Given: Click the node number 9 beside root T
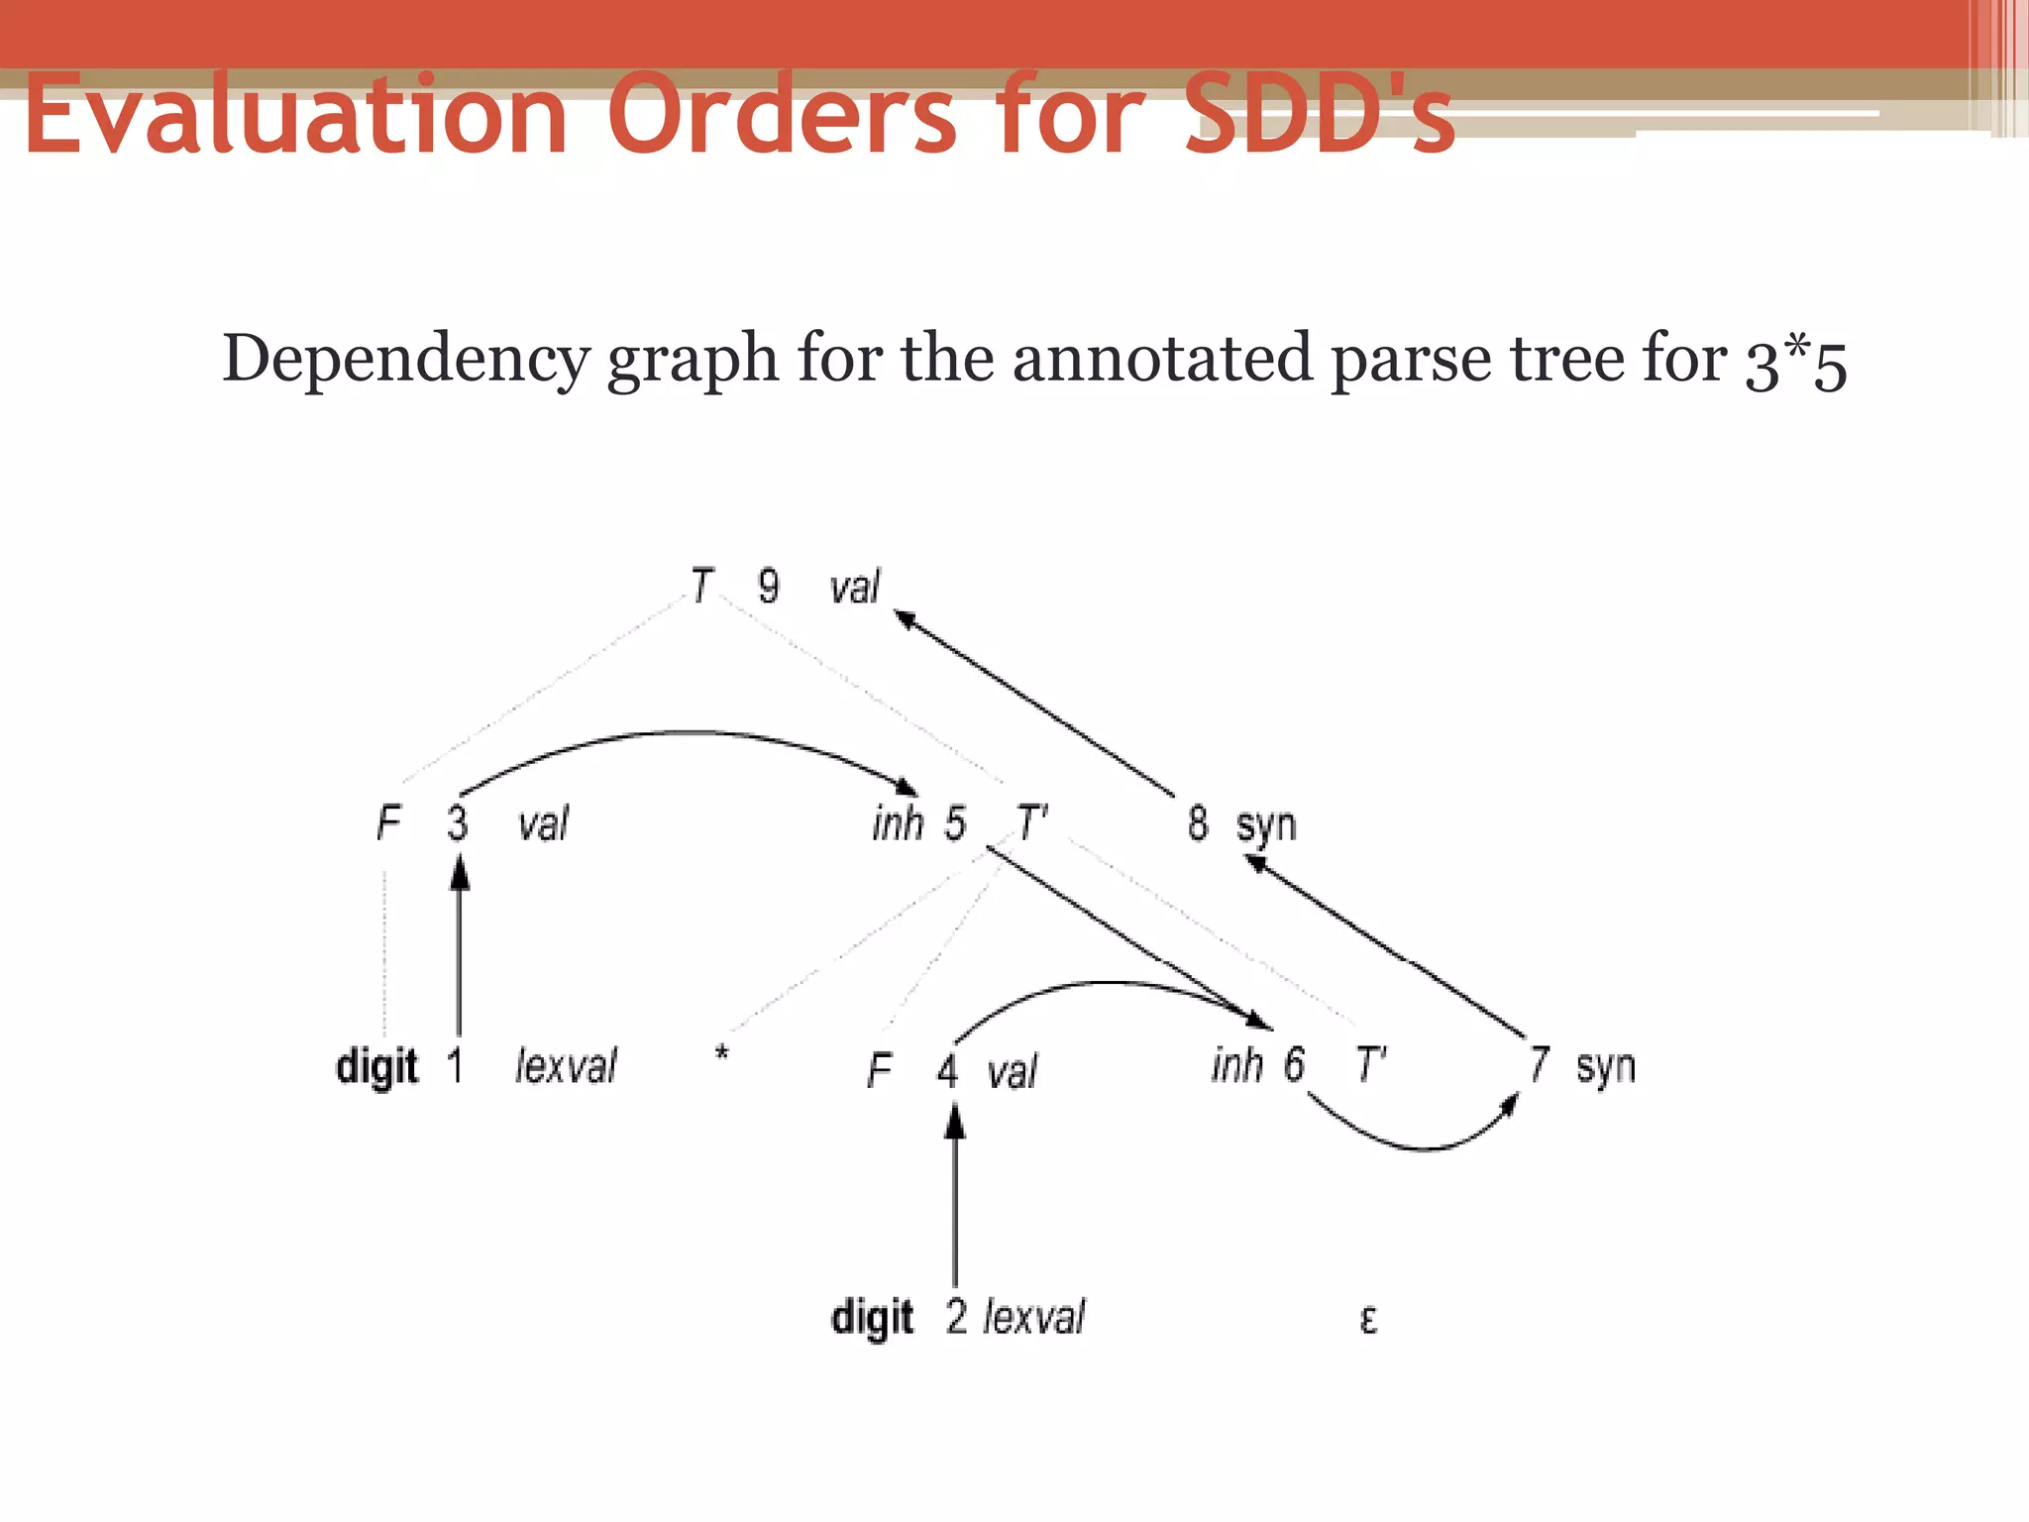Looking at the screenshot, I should (x=768, y=586).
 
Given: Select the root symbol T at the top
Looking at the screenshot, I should (x=701, y=586).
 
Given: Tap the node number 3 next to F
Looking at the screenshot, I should (x=457, y=823).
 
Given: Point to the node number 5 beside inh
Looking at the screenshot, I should (x=954, y=823).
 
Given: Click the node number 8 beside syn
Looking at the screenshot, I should (x=1198, y=823).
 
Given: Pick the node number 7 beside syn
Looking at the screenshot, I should (x=1538, y=1065).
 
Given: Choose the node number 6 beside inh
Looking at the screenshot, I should (x=1294, y=1065).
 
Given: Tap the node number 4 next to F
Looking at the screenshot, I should (x=947, y=1071).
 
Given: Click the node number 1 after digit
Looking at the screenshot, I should (x=455, y=1066).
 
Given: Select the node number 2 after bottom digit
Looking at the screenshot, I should (x=956, y=1317).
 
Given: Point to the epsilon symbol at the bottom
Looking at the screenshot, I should (x=1368, y=1320).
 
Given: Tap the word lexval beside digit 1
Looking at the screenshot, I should (x=566, y=1066).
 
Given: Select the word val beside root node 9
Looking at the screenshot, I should (x=854, y=587).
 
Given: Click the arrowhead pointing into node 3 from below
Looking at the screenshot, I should (x=459, y=873).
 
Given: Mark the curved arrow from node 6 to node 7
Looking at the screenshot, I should (x=1423, y=1146).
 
